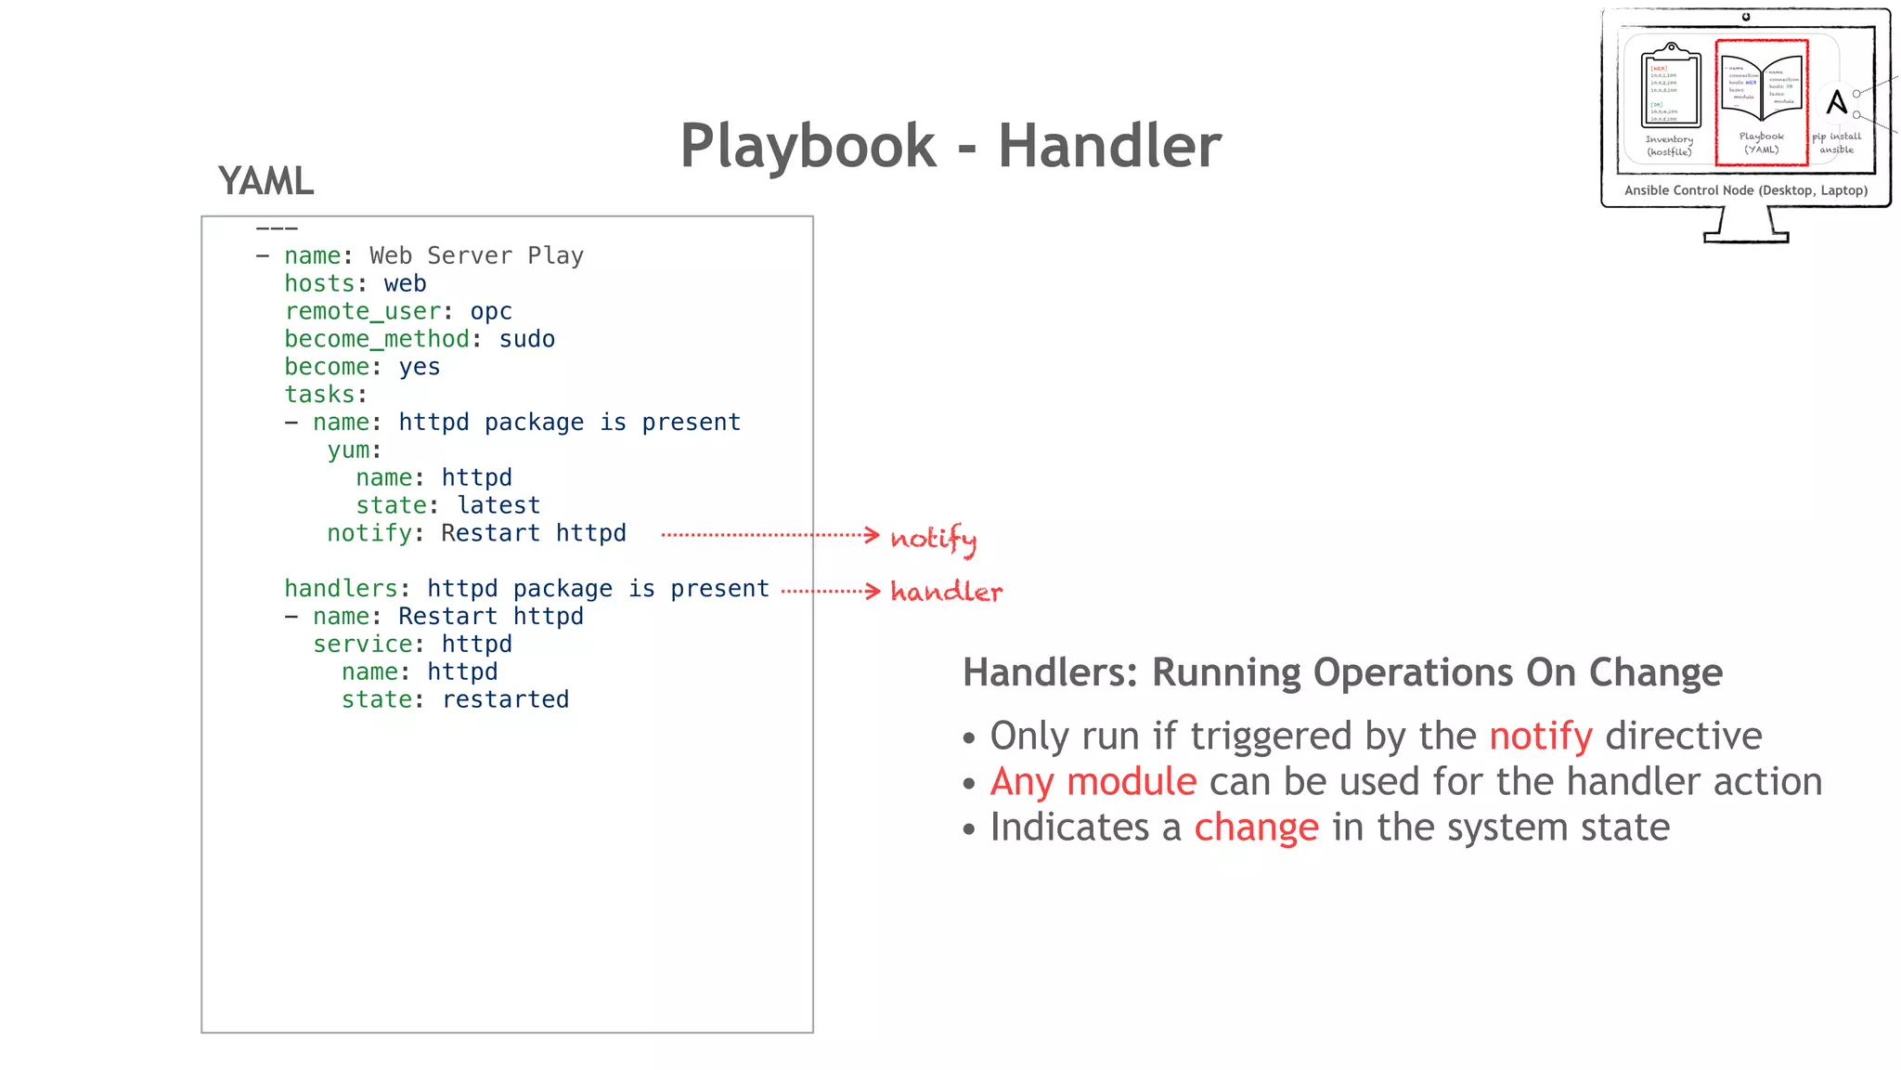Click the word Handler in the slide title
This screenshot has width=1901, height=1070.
(x=1109, y=146)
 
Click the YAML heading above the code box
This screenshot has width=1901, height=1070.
(x=266, y=181)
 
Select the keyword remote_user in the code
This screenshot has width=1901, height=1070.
(x=362, y=311)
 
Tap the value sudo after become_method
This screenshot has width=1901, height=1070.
(x=526, y=339)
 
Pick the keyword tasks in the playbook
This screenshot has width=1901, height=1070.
(x=319, y=395)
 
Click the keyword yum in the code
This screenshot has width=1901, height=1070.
(x=348, y=450)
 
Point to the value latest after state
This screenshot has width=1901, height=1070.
(x=498, y=505)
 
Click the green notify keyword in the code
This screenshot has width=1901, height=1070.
(x=369, y=533)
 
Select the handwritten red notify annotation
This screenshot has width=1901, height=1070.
(x=933, y=539)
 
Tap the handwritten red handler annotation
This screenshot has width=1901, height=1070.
(x=946, y=592)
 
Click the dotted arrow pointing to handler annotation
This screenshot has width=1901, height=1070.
(x=829, y=591)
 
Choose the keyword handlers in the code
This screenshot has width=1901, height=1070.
(x=340, y=589)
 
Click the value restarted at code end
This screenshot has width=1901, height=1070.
(x=505, y=699)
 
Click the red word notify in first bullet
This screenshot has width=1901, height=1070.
(x=1540, y=737)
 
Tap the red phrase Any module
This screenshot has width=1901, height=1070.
(x=1093, y=782)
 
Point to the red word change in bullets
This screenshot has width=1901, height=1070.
(x=1255, y=828)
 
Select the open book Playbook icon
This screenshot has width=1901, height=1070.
(x=1761, y=88)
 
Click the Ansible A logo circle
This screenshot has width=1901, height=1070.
(x=1836, y=101)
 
